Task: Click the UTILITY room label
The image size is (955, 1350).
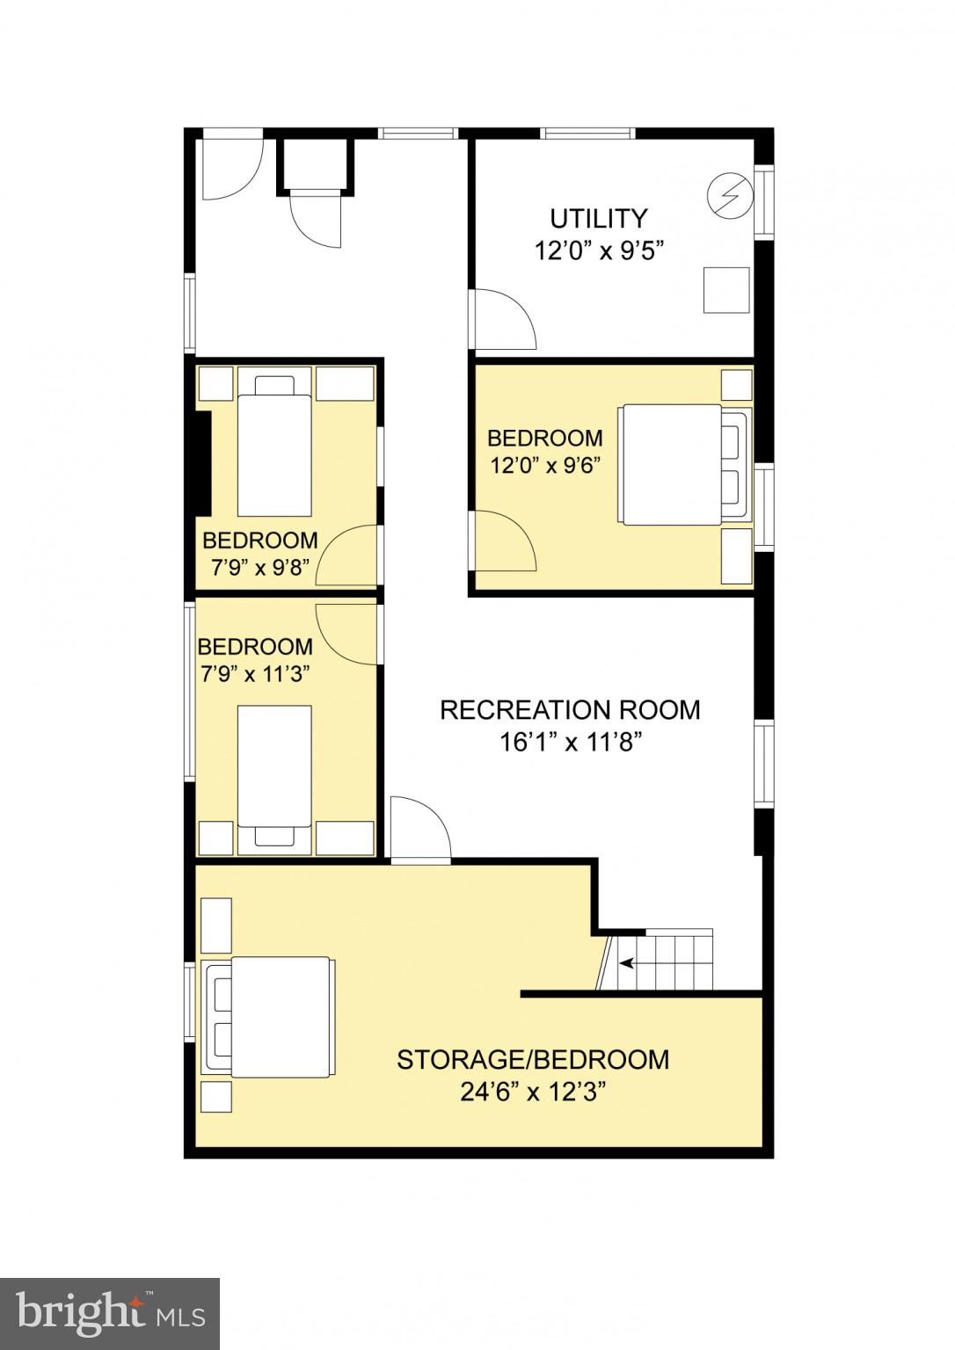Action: tap(598, 218)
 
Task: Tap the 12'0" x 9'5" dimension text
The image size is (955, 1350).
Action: tap(598, 251)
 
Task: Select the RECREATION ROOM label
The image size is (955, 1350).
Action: tap(570, 709)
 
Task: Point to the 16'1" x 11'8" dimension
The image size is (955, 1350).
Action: tap(570, 743)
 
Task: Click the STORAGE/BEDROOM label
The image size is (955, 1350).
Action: tap(533, 1059)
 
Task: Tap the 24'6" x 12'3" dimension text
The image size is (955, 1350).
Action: tap(534, 1092)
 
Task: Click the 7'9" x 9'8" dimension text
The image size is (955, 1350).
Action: tap(259, 568)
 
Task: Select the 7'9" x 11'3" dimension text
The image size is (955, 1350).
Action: tap(255, 674)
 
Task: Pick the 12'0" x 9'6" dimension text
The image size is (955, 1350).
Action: tap(545, 465)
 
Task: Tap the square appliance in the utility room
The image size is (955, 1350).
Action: tap(726, 290)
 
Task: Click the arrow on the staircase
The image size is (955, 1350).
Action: tap(628, 963)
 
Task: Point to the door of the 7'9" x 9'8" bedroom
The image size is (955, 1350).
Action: tap(347, 555)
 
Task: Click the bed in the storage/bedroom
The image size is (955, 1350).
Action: tap(268, 1016)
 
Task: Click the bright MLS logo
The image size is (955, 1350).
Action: tap(110, 1313)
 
